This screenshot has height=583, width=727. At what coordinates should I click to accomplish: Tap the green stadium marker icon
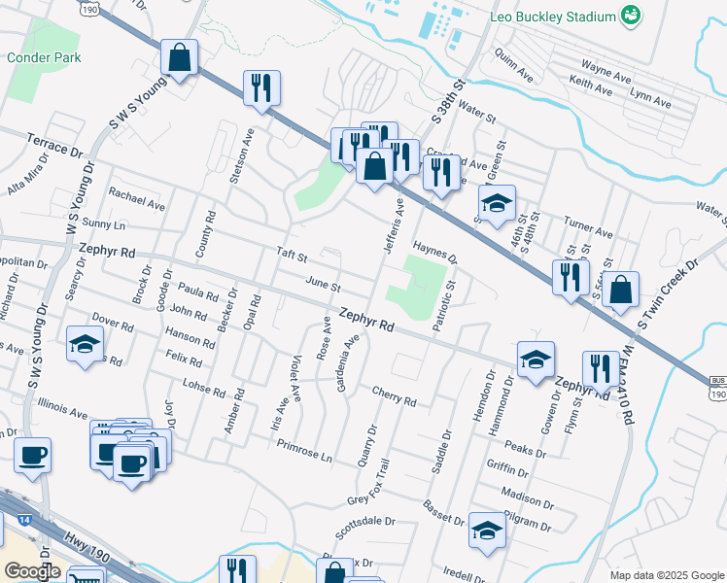632,16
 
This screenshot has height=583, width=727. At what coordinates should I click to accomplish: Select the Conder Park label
35,57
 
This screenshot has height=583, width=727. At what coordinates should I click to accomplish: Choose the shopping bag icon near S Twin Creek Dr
621,290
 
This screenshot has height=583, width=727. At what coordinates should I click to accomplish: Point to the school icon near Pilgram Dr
487,531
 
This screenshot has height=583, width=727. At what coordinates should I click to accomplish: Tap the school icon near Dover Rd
85,343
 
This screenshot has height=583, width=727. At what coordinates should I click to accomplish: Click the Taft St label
292,257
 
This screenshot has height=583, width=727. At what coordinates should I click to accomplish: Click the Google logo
32,570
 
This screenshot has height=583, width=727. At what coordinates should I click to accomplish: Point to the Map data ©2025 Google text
666,575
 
